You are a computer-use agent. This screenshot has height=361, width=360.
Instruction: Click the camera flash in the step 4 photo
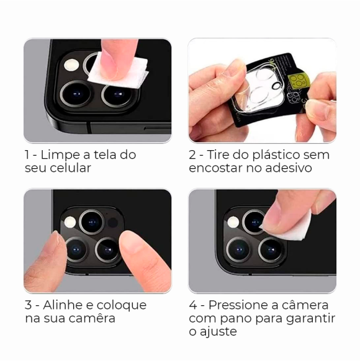[233, 222]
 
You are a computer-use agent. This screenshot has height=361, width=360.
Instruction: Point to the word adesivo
[302, 168]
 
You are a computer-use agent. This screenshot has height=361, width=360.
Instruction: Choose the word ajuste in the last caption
[218, 332]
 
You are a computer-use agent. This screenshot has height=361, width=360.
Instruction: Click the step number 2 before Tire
[193, 155]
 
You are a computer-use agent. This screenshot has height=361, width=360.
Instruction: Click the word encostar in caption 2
[216, 168]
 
